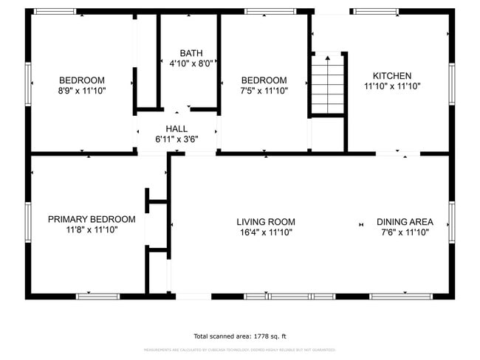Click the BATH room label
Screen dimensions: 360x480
point(191,53)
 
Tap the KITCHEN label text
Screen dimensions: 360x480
point(391,76)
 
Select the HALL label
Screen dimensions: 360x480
point(176,128)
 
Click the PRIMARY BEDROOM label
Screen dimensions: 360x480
point(92,219)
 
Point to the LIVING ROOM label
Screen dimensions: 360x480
point(266,221)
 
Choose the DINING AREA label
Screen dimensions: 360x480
point(405,221)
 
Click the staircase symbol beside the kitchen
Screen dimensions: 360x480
point(327,84)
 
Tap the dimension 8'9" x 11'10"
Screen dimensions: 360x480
point(81,91)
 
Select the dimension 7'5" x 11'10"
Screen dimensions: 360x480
point(264,91)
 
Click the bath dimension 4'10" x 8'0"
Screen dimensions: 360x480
point(191,63)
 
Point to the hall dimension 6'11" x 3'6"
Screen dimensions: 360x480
point(176,139)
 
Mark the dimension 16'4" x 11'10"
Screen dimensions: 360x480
point(266,232)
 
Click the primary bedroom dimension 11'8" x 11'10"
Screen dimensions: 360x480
point(92,229)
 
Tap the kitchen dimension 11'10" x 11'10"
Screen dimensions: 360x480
point(391,86)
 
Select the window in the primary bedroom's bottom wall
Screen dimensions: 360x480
point(97,296)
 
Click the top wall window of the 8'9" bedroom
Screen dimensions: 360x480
point(55,12)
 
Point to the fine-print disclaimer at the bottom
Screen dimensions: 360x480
point(240,350)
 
